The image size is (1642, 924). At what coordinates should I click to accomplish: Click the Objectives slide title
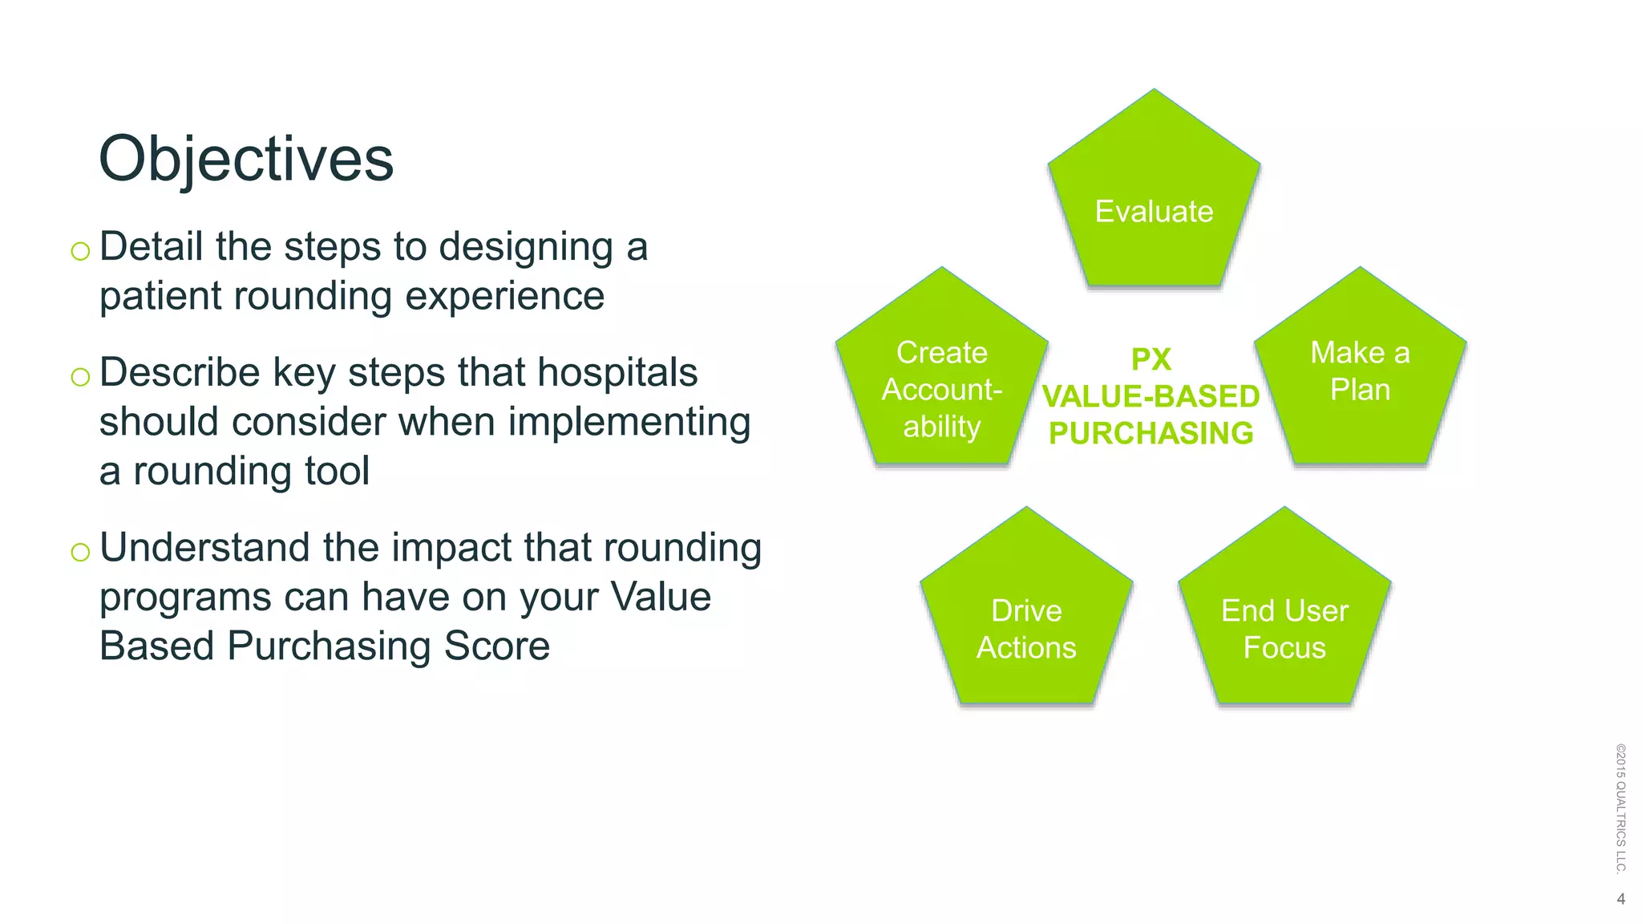[x=245, y=160]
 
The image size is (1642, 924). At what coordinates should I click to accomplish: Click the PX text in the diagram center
[x=1151, y=359]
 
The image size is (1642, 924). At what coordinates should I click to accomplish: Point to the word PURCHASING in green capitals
[x=1151, y=434]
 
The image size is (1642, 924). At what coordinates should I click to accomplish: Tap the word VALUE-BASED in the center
[x=1151, y=396]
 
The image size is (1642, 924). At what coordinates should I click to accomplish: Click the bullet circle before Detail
[x=80, y=252]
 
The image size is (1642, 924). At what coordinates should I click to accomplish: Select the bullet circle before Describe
[x=80, y=377]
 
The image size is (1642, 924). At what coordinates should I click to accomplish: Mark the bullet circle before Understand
[x=80, y=552]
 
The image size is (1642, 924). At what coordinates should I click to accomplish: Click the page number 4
[x=1620, y=899]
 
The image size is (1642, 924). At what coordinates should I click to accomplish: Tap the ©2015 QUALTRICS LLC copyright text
[x=1620, y=808]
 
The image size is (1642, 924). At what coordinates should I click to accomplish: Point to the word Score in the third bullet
[x=497, y=646]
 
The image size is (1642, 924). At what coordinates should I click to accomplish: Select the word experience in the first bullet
[x=504, y=296]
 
